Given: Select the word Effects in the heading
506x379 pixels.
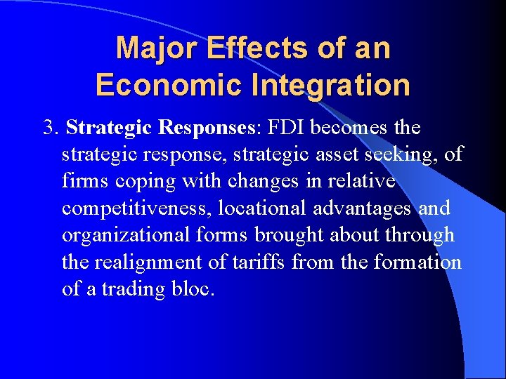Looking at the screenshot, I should pyautogui.click(x=236, y=48).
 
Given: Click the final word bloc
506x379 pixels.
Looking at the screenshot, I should pyautogui.click(x=193, y=288).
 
